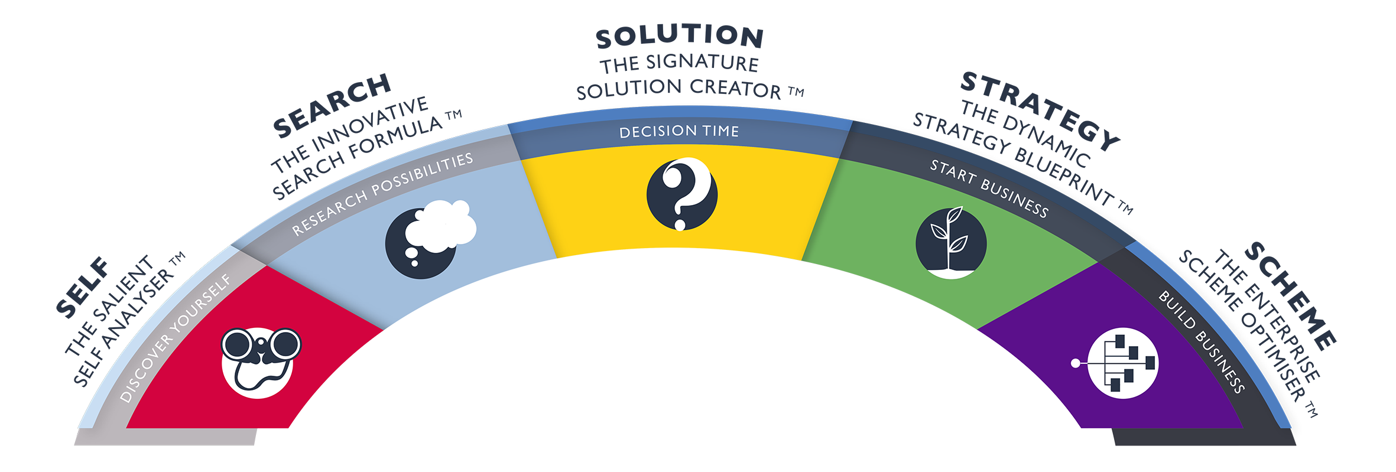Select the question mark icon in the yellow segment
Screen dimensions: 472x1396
point(681,194)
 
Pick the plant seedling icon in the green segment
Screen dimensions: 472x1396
point(950,242)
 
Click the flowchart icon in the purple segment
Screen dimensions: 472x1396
point(1122,363)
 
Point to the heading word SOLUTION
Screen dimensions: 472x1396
point(680,37)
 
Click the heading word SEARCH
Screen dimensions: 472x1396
point(332,105)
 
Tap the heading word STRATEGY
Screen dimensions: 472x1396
point(1040,110)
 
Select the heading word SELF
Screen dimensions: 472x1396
point(83,288)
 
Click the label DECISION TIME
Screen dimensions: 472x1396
point(679,131)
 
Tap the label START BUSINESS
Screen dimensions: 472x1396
point(989,188)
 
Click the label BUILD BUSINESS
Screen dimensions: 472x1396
point(1202,342)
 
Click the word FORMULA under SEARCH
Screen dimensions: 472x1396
point(395,139)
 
